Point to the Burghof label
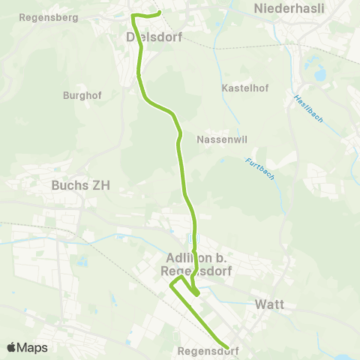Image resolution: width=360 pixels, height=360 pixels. pos(80,96)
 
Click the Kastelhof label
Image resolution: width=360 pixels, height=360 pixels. pos(241,88)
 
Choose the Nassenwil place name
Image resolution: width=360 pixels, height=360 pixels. pos(218,139)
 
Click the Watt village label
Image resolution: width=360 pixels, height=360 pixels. pos(268,305)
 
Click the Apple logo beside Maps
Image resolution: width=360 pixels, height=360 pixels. pos(12,347)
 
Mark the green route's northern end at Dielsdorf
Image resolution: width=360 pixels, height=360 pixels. pos(160,12)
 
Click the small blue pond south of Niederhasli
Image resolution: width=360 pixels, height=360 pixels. pos(321,73)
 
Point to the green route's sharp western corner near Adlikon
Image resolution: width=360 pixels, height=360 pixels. pos(170,285)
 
